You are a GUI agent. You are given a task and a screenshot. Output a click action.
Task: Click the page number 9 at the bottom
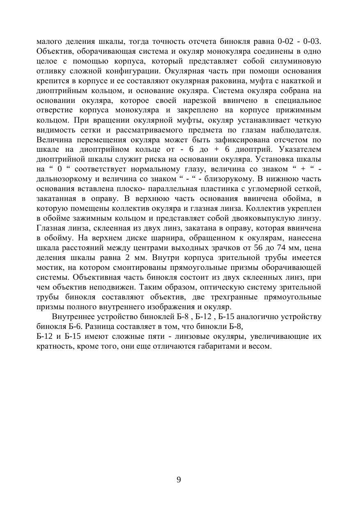point(179,480)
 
